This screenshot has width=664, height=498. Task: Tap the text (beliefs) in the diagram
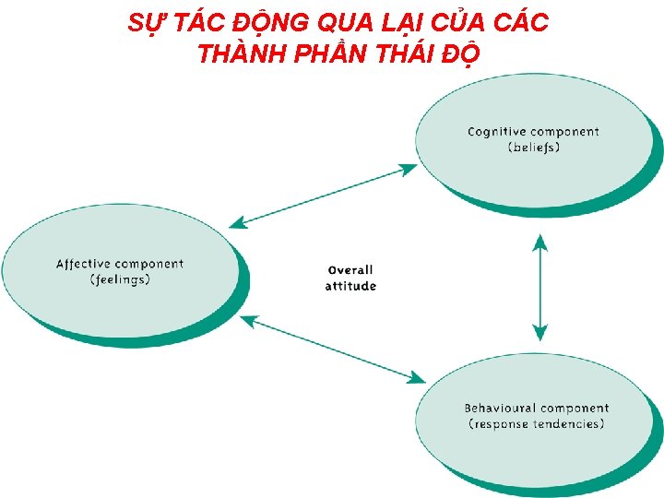point(534,148)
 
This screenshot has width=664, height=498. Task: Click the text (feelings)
point(120,280)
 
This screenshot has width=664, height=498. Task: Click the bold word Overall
point(350,270)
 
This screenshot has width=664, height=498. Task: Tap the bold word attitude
point(350,286)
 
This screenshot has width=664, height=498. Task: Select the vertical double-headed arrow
point(540,288)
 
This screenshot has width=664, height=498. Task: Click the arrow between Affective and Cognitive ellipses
point(323,195)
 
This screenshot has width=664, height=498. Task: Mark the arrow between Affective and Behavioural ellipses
point(332,349)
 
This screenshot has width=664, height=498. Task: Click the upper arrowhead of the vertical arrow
point(540,242)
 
